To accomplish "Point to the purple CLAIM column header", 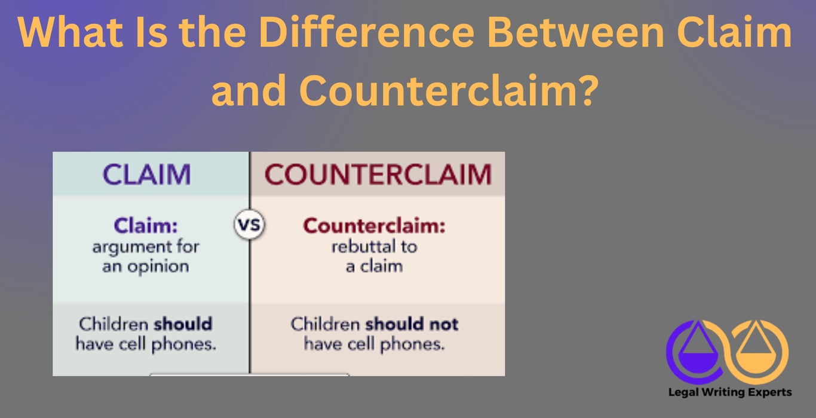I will (147, 174).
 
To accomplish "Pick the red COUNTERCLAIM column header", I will (378, 174).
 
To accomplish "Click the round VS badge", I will (249, 227).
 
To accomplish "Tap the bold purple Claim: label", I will (146, 226).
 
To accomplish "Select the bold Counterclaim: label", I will (375, 226).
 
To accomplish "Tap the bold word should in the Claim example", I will (182, 324).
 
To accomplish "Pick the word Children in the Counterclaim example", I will (326, 324).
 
